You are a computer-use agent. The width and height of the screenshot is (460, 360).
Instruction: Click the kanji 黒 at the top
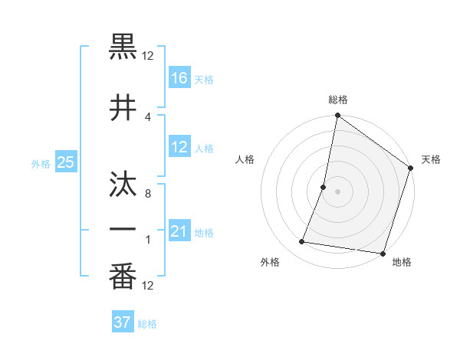pos(123,47)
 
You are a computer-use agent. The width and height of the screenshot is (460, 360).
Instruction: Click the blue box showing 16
pos(179,77)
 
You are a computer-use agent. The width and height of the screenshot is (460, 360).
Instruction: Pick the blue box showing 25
pos(65,162)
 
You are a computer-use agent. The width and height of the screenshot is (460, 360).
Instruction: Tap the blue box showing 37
pos(123,322)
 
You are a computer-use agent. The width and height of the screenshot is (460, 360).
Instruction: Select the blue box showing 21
pos(179,231)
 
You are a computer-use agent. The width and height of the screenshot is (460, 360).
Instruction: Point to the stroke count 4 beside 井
pos(147,117)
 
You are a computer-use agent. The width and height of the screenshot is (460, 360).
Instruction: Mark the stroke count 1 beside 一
pos(147,240)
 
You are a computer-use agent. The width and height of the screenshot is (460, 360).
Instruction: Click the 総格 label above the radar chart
pos(338,100)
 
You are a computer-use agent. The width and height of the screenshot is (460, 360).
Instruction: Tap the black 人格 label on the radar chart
pos(245,159)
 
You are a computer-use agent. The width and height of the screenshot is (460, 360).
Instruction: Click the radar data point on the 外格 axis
pos(302,242)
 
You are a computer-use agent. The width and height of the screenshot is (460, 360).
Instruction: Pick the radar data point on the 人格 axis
pos(324,187)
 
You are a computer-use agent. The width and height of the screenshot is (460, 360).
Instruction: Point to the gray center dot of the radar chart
pos(337,191)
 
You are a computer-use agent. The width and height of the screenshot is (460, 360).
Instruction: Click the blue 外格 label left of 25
pos(41,163)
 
